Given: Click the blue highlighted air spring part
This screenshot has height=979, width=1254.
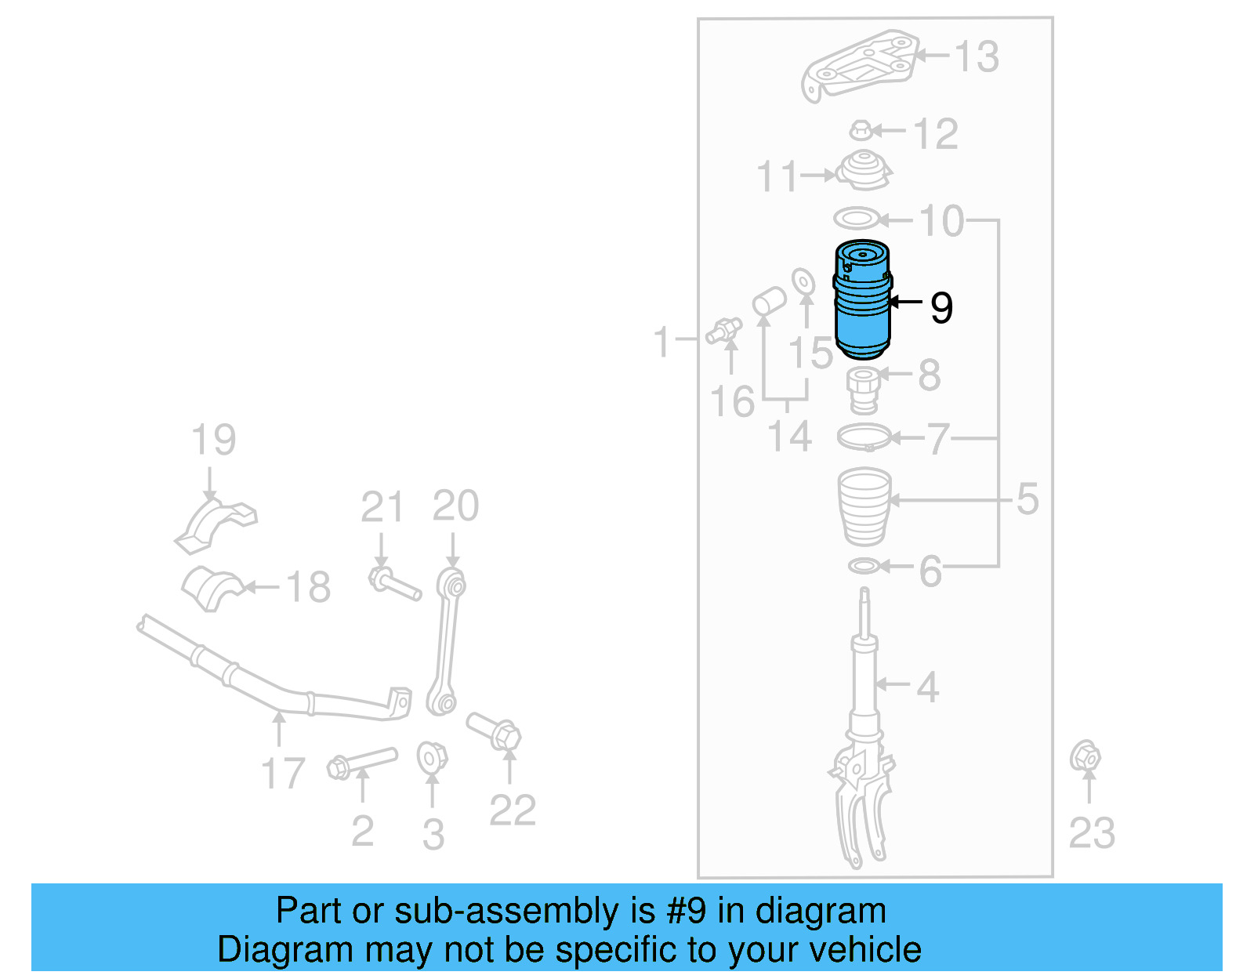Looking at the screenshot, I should pos(862,302).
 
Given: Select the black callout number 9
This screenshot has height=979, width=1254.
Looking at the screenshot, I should pos(941,307).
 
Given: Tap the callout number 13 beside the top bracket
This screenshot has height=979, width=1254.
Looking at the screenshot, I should pos(977,57).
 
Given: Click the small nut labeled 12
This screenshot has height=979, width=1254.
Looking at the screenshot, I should pos(861,130).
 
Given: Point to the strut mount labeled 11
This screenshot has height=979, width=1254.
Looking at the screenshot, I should pos(864,170).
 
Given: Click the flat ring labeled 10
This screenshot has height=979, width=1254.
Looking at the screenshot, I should pos(857,218).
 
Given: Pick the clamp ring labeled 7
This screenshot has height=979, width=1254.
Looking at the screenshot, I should pos(864,437).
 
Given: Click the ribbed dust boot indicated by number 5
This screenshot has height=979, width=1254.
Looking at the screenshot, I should pos(864,506).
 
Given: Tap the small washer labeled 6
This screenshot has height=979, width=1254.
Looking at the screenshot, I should pos(864,565).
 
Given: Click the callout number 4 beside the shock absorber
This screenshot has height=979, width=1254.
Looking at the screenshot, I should pos(927,687).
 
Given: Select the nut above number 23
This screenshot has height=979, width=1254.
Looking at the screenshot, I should pos(1085,757).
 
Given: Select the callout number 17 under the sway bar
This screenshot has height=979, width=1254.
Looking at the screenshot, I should pos(282,773).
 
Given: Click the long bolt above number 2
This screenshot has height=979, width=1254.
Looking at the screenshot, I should pos(361,763).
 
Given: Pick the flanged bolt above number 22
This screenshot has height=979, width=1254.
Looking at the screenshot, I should pos(494,731).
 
